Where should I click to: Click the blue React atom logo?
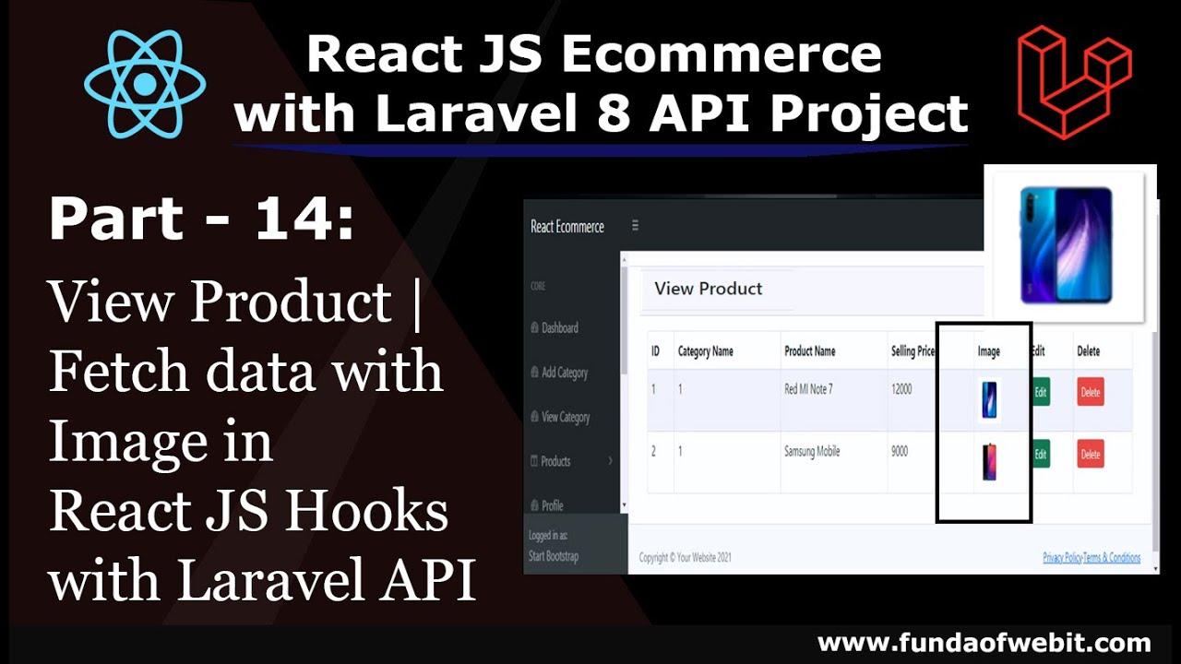[144, 84]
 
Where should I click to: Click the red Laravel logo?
[1073, 83]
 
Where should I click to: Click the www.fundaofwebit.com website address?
[984, 643]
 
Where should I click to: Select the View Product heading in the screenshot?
[708, 289]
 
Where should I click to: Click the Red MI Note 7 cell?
[808, 389]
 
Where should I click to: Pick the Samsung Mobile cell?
[812, 452]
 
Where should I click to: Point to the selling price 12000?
[901, 389]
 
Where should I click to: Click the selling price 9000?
[900, 452]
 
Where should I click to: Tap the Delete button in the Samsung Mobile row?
[1091, 455]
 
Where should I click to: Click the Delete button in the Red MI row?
[1091, 393]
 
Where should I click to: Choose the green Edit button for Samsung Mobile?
[1041, 455]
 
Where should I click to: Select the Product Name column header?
[809, 351]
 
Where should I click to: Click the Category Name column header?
[706, 351]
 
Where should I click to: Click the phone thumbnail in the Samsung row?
[989, 461]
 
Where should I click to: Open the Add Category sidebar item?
[564, 373]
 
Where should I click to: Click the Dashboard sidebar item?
[559, 328]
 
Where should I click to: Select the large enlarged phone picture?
[1066, 243]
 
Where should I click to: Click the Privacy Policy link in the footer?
[1062, 558]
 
